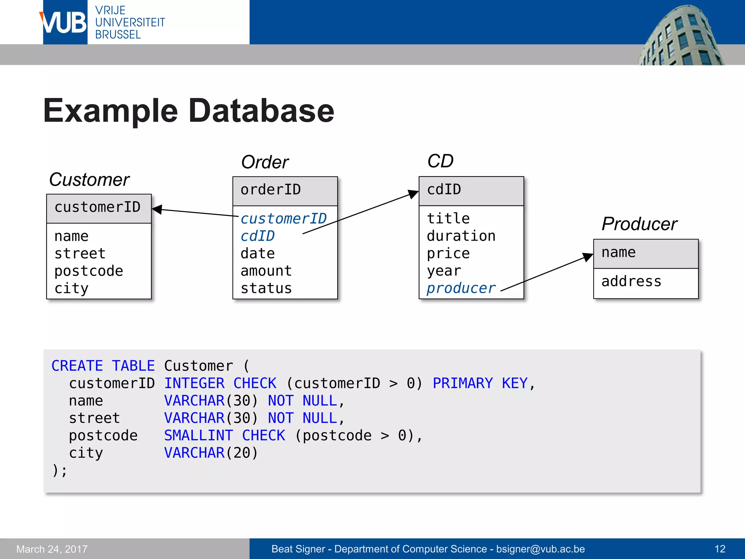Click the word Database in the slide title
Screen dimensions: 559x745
pyautogui.click(x=261, y=111)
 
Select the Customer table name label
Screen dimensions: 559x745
pyautogui.click(x=89, y=179)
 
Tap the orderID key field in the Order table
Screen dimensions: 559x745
pyautogui.click(x=271, y=190)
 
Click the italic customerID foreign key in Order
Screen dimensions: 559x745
pyautogui.click(x=283, y=219)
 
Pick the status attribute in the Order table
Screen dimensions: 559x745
pyautogui.click(x=266, y=288)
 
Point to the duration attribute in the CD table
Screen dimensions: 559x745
pyautogui.click(x=461, y=236)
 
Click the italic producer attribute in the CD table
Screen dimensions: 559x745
pyautogui.click(x=461, y=288)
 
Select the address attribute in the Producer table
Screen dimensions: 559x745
pyautogui.click(x=631, y=281)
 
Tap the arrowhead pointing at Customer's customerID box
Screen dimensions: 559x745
pyautogui.click(x=157, y=209)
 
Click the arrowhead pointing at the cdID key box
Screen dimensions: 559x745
pyautogui.click(x=413, y=194)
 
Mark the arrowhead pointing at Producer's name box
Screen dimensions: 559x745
pyautogui.click(x=588, y=257)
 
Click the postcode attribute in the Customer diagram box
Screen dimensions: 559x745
pyautogui.click(x=89, y=271)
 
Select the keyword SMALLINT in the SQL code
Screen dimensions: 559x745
pyautogui.click(x=199, y=436)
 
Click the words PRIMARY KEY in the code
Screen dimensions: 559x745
pyautogui.click(x=480, y=383)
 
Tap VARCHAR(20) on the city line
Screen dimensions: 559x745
pyautogui.click(x=211, y=453)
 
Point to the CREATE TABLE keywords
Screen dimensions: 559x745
pyautogui.click(x=103, y=366)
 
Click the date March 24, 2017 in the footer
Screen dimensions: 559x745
pyautogui.click(x=52, y=549)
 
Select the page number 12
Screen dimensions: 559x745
pyautogui.click(x=720, y=549)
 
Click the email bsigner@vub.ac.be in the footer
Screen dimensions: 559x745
pyautogui.click(x=540, y=549)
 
